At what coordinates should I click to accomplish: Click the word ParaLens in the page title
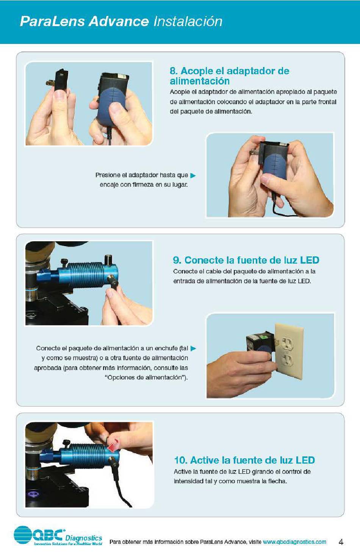pyautogui.click(x=52, y=21)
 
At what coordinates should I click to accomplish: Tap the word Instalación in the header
pyautogui.click(x=188, y=21)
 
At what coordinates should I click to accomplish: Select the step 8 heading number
pyautogui.click(x=173, y=71)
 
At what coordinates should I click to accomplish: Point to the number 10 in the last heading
pyautogui.click(x=180, y=460)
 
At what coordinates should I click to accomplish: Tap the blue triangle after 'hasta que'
pyautogui.click(x=193, y=175)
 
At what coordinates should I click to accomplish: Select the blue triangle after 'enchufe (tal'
pyautogui.click(x=193, y=348)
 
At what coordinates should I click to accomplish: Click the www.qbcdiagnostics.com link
pyautogui.click(x=294, y=542)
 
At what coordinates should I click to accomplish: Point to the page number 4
pyautogui.click(x=341, y=542)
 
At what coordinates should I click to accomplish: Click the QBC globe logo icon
pyautogui.click(x=23, y=535)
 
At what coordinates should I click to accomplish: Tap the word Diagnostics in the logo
pyautogui.click(x=84, y=538)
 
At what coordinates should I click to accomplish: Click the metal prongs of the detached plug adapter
pyautogui.click(x=50, y=83)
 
